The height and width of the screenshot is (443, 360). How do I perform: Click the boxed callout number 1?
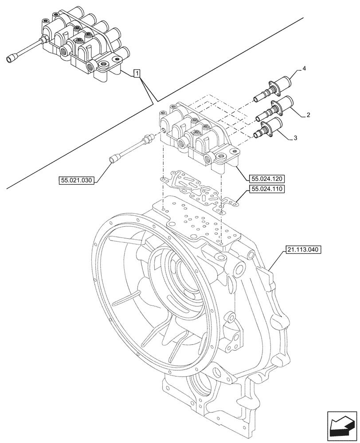[x=137, y=74]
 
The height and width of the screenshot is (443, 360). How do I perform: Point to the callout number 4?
[x=304, y=68]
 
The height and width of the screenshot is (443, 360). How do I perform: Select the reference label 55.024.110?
[x=266, y=189]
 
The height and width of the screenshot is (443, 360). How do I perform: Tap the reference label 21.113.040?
[x=300, y=250]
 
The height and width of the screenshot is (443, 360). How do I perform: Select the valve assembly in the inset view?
[x=84, y=44]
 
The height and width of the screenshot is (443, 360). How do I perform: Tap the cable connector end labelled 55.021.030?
[x=115, y=158]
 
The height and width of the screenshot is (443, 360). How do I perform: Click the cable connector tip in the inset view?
[x=12, y=58]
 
